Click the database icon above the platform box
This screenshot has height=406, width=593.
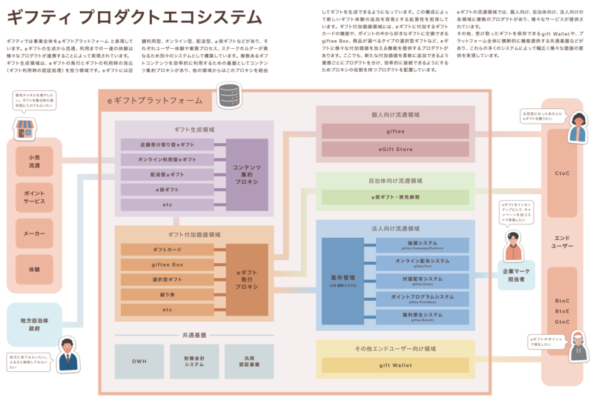click(228, 94)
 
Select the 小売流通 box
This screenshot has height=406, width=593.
click(35, 161)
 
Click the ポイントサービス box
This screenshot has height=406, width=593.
click(35, 196)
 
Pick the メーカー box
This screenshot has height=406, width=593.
click(35, 233)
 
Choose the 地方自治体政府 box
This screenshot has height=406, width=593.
click(35, 325)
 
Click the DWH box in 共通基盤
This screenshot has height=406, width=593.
click(139, 361)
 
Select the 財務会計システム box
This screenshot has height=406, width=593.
click(194, 361)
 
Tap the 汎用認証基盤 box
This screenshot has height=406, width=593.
click(249, 361)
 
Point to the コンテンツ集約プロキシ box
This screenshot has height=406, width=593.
click(247, 175)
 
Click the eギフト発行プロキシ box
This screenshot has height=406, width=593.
click(247, 280)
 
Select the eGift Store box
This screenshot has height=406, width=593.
click(395, 149)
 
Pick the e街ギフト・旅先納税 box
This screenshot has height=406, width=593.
click(395, 197)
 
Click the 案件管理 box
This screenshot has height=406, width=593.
click(343, 281)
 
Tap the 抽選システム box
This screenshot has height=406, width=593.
click(423, 244)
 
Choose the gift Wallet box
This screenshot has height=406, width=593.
click(395, 365)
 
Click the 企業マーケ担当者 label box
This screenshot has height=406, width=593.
click(516, 276)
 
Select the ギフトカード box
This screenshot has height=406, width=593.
click(168, 250)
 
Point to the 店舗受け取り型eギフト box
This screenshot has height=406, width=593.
click(168, 144)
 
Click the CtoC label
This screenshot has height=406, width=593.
click(562, 175)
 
